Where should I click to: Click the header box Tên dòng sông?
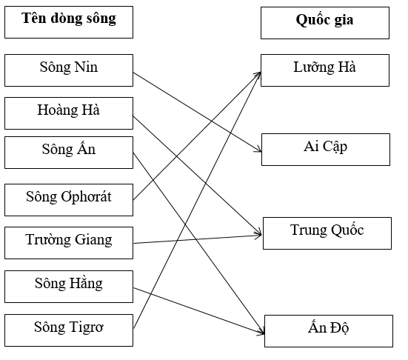coord(69,21)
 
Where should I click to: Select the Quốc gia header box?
coord(324,22)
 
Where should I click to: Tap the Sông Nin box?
coord(69,69)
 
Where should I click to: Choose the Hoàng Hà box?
coord(69,111)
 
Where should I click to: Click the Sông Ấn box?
coord(69,151)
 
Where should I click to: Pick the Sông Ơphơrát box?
coord(69,197)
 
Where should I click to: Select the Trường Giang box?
coord(69,241)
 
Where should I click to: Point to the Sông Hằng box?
coord(69,284)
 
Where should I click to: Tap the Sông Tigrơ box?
coord(69,327)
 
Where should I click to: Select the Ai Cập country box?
coord(325,148)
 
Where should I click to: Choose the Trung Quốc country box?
coord(327,232)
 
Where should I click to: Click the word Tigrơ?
coord(85,327)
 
